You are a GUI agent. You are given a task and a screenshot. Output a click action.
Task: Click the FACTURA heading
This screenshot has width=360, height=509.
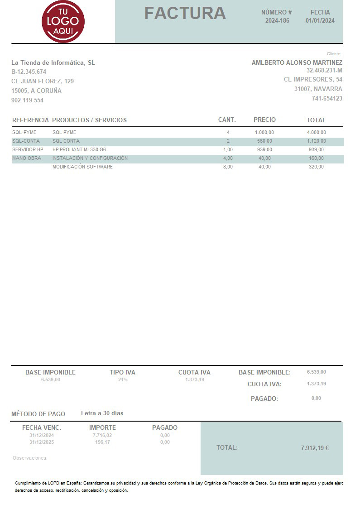(x=185, y=14)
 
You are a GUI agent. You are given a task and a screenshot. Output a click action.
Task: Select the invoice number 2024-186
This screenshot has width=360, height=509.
(x=277, y=20)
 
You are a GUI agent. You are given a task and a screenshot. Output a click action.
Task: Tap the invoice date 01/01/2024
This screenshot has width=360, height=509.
(x=320, y=20)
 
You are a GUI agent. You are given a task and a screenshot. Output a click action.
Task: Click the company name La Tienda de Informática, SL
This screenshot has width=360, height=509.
(x=53, y=62)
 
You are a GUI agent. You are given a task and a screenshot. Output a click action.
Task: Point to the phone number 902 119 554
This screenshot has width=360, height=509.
(x=27, y=100)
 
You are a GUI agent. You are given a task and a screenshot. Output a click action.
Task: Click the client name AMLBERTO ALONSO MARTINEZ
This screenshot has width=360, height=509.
(x=297, y=62)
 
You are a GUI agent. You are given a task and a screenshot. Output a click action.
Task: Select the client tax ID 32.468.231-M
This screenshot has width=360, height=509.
(x=324, y=70)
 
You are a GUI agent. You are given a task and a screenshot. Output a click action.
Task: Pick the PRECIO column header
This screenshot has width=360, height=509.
(x=264, y=120)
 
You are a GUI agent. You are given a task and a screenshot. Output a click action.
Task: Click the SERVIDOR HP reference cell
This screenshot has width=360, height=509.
(x=28, y=149)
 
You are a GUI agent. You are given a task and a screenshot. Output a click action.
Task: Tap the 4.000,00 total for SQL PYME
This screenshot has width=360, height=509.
(x=316, y=132)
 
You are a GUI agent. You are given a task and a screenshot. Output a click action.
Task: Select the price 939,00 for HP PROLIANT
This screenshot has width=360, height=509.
(x=264, y=149)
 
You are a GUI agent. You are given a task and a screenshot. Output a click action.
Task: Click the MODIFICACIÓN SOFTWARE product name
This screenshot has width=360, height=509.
(x=82, y=167)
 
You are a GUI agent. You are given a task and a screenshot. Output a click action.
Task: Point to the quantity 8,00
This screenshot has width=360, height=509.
(x=228, y=167)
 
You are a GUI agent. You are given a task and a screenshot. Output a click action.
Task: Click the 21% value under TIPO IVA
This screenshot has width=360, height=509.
(x=123, y=379)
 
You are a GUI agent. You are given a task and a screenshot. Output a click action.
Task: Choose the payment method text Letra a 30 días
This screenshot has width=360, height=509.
(x=102, y=413)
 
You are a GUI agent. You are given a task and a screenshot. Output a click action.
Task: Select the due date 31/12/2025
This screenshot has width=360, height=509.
(x=42, y=442)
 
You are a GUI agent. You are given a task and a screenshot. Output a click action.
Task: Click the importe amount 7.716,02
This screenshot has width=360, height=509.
(x=102, y=435)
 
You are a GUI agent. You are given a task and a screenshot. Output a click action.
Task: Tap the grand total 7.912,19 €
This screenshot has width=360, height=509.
(x=315, y=448)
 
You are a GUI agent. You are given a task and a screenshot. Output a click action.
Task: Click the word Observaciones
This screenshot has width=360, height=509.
(x=30, y=458)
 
